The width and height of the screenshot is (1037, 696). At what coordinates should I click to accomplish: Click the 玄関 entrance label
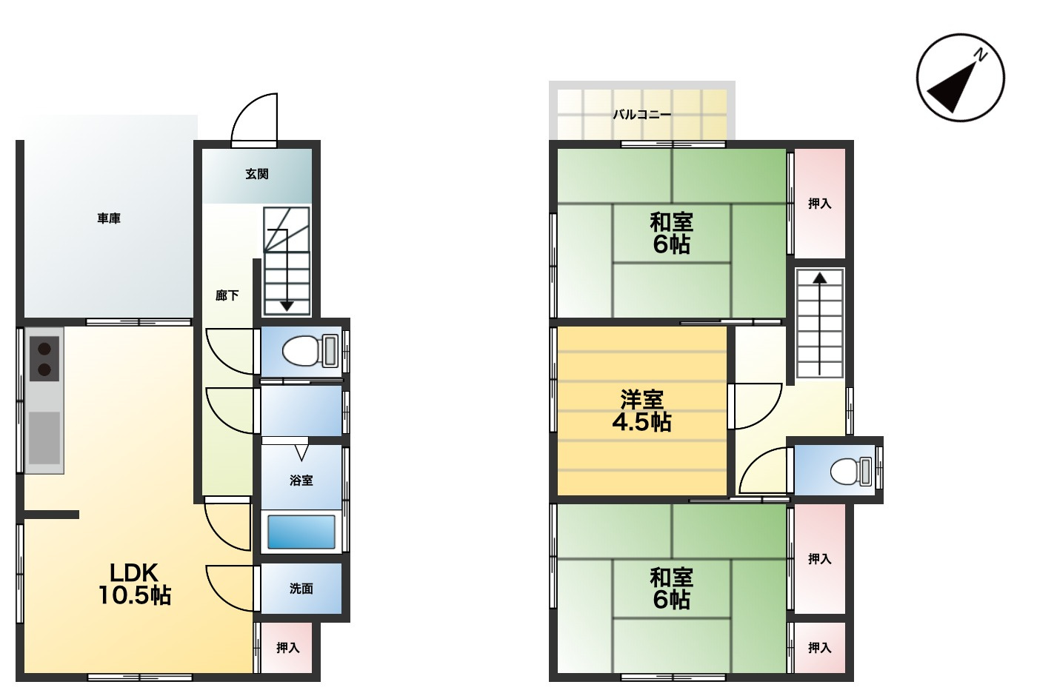click(x=257, y=174)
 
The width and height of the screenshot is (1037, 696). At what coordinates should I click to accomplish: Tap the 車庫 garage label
click(x=109, y=218)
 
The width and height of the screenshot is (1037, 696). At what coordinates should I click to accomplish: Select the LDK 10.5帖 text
click(x=134, y=584)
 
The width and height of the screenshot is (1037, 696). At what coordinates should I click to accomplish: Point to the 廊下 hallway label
click(x=227, y=295)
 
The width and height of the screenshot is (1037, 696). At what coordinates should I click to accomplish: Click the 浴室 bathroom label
click(x=301, y=481)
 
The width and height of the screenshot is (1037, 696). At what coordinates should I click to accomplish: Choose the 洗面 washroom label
click(x=301, y=588)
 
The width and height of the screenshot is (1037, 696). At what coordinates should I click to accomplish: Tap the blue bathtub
click(x=301, y=532)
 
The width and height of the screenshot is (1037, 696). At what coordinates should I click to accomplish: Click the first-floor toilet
click(x=310, y=350)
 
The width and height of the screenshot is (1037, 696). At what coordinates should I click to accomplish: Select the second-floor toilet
click(x=851, y=472)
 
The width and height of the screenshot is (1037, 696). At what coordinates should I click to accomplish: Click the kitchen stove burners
click(x=44, y=358)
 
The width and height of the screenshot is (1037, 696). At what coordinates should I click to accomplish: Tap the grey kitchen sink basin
click(x=44, y=438)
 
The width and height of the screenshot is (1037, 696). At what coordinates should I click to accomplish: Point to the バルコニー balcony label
click(x=642, y=114)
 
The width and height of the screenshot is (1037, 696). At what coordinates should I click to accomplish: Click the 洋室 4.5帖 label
click(x=641, y=410)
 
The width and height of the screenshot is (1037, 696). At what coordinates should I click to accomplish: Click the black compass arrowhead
click(x=954, y=89)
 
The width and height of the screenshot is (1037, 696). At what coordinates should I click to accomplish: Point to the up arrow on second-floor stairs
click(x=820, y=324)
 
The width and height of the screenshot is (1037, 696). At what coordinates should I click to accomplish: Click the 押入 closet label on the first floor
click(x=288, y=647)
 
